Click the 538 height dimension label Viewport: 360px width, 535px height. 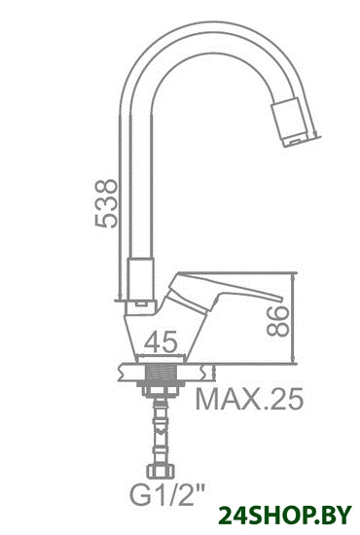pos(106,202)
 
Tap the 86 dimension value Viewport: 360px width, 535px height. pos(277,321)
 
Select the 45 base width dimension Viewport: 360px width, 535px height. pos(162,341)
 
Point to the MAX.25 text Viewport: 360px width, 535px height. pos(249,399)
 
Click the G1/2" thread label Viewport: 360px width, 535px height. pos(166,494)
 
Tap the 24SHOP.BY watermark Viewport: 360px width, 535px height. pos(285,516)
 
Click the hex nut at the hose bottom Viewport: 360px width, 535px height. pos(161,472)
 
